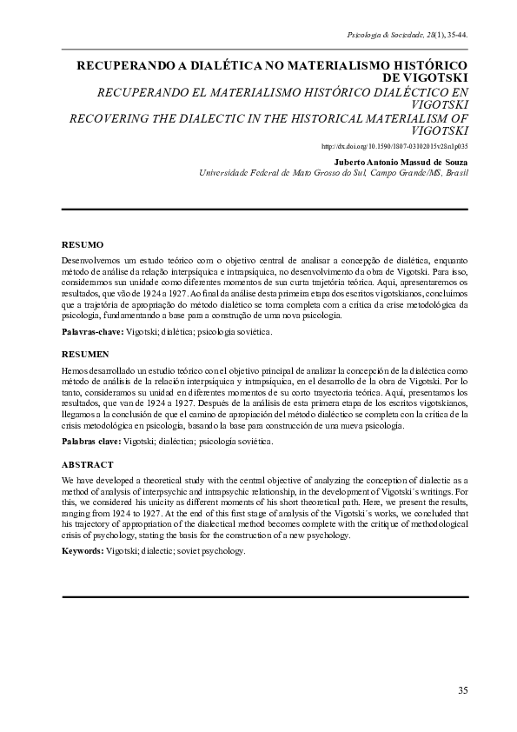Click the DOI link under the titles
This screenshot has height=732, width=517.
click(x=394, y=147)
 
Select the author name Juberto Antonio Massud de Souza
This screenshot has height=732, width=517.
click(x=401, y=162)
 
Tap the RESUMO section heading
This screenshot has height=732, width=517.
click(x=83, y=245)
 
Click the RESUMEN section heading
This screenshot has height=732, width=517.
click(x=85, y=355)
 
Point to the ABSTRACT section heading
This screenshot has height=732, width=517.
click(x=88, y=465)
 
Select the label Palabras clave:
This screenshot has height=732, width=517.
click(x=92, y=442)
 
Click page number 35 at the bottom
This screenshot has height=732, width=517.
click(x=462, y=690)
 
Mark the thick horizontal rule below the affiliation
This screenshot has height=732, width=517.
click(x=265, y=210)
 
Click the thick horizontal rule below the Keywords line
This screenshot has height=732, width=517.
click(x=265, y=597)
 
